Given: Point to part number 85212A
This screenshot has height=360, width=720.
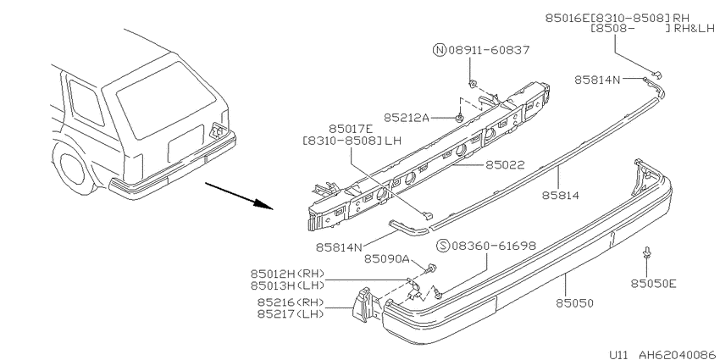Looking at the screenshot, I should (x=407, y=117).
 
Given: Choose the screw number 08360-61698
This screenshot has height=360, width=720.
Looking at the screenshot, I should (x=494, y=246).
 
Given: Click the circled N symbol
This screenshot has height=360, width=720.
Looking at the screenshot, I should (x=439, y=51).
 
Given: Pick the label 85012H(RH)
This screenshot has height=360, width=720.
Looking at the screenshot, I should (x=288, y=273).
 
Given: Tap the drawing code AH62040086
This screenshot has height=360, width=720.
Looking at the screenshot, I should (x=672, y=352).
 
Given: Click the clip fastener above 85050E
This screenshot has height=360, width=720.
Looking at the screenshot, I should (x=646, y=252).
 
